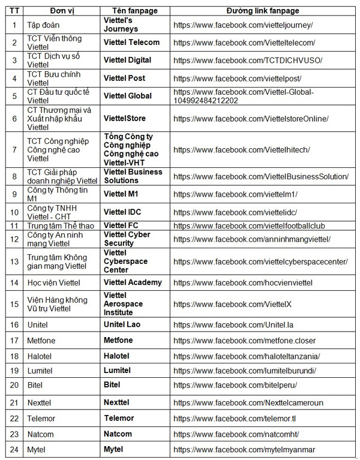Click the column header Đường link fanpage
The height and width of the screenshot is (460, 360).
click(x=262, y=11)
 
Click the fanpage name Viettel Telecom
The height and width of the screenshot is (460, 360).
click(x=131, y=43)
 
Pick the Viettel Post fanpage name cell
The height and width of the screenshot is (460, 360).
click(x=124, y=78)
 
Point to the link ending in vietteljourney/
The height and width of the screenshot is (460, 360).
click(x=242, y=25)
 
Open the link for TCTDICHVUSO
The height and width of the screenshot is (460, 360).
click(x=247, y=61)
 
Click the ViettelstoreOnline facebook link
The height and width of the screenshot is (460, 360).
click(x=250, y=119)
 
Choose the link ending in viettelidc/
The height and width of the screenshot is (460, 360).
click(x=235, y=212)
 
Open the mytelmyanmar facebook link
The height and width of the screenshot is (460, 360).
click(x=243, y=449)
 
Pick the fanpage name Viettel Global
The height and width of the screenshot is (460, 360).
click(x=128, y=96)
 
